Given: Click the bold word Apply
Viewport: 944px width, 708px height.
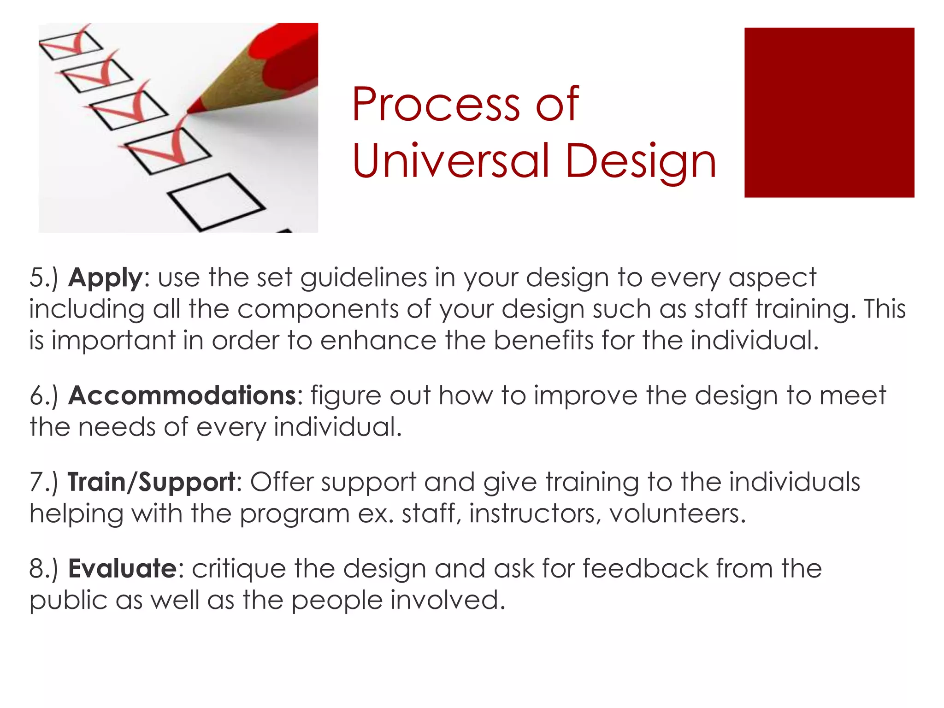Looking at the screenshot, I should coord(105,278).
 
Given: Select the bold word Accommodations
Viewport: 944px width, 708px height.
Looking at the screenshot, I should coord(182,396).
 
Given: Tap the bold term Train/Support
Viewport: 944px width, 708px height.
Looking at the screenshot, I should coord(152,483).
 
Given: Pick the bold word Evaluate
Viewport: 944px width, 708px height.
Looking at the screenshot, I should coord(122,569).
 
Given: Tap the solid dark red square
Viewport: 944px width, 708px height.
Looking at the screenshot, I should coord(829,112).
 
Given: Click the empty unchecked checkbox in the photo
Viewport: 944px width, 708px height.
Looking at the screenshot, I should coord(215,201).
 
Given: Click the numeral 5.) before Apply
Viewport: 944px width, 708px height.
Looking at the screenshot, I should coord(44,278).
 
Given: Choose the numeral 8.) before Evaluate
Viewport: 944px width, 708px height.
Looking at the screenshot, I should coord(44,569).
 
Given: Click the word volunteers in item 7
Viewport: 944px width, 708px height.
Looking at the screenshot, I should coord(677,513).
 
